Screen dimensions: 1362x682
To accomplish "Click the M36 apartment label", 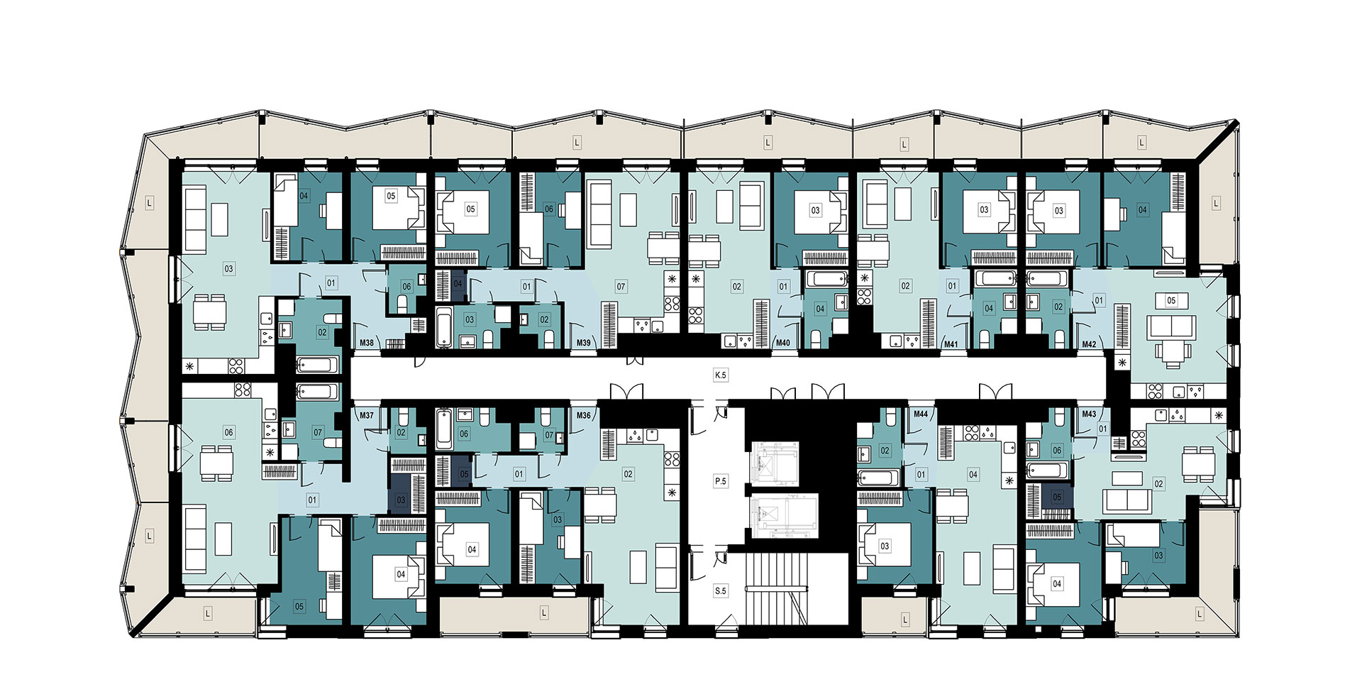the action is (584, 415).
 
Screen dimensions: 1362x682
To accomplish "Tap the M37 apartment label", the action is (367, 415).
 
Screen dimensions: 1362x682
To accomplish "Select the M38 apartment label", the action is (367, 343).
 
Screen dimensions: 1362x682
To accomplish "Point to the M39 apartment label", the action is (584, 343).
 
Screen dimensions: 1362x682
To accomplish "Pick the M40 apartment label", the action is (783, 343).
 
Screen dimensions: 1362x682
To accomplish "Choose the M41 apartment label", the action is (951, 343).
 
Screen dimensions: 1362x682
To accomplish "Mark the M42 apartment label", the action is (1089, 343).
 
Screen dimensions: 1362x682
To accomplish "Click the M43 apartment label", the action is (1089, 414).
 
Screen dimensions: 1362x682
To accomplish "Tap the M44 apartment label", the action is (921, 414).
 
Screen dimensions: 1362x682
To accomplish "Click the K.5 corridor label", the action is (721, 375).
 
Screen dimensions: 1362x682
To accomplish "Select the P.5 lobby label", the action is (721, 481).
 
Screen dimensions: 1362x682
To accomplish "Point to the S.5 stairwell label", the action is (721, 590).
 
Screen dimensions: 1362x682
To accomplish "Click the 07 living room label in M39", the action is (621, 287).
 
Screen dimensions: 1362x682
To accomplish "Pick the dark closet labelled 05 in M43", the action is (1057, 497).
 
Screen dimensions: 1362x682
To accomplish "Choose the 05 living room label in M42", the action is (1171, 300).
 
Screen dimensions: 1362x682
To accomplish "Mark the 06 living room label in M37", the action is (228, 432).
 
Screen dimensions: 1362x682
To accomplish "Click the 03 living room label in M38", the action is (228, 269).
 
